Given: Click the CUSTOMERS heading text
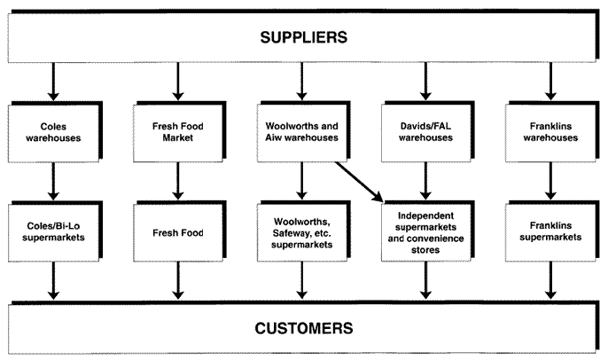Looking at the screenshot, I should pyautogui.click(x=303, y=328).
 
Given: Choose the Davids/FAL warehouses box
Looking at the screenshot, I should pyautogui.click(x=428, y=132).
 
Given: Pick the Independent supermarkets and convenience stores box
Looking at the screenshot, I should pyautogui.click(x=428, y=232).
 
